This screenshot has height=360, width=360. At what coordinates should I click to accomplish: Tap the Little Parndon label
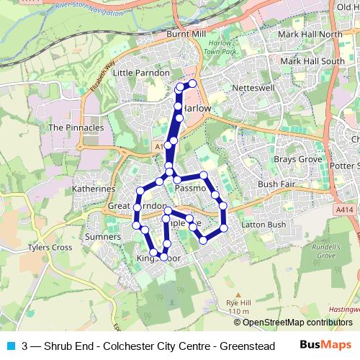(x=140, y=73)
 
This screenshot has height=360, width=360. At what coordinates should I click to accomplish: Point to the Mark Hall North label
(x=310, y=35)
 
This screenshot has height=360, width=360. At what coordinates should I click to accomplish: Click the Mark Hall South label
(x=312, y=61)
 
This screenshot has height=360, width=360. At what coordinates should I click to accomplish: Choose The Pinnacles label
(x=76, y=127)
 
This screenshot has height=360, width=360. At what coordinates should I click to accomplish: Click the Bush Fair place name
(x=277, y=184)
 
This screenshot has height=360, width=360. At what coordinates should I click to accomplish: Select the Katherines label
(x=94, y=189)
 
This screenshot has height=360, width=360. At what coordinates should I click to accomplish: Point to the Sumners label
(x=102, y=236)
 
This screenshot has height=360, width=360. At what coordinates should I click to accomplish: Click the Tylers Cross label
(x=50, y=248)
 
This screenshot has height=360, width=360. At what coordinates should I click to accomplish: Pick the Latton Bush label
(x=264, y=225)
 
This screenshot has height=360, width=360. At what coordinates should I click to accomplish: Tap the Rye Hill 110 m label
(x=237, y=307)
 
